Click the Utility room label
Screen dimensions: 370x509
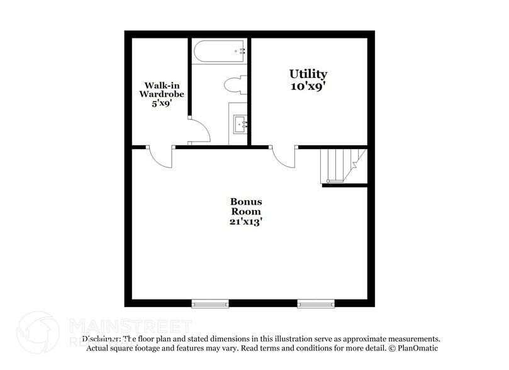pyautogui.click(x=308, y=74)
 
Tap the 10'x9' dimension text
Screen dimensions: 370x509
pyautogui.click(x=308, y=87)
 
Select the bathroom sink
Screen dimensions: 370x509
pyautogui.click(x=241, y=124)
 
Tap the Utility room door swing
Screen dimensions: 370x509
pyautogui.click(x=284, y=157)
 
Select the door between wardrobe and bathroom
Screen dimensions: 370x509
pyautogui.click(x=200, y=131)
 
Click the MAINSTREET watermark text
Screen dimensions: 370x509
pyautogui.click(x=130, y=325)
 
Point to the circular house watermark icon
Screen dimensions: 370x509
pyautogui.click(x=38, y=333)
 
